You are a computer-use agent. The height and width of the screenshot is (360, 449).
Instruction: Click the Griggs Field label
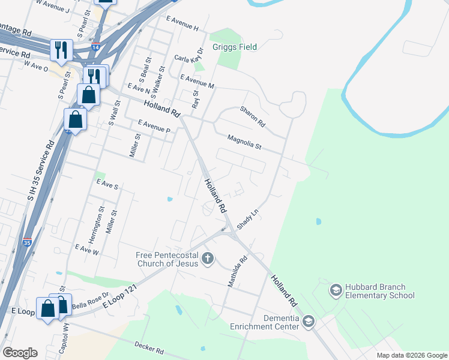[234, 47]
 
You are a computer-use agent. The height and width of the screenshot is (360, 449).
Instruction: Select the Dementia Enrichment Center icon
[309, 322]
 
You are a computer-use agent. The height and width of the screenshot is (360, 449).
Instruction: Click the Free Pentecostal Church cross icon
[208, 259]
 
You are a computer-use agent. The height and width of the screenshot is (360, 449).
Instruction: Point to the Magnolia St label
[244, 142]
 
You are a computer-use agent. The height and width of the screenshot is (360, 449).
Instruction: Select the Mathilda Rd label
[238, 272]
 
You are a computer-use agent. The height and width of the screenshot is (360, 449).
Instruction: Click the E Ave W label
[86, 248]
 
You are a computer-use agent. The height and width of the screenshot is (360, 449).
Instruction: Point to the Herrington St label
[101, 219]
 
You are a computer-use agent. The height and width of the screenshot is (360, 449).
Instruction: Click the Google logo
[20, 353]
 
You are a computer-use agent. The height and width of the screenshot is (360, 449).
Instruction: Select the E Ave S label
[107, 185]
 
